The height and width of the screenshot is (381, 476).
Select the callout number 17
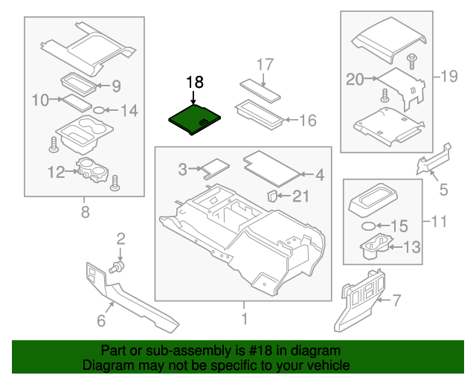(266, 64)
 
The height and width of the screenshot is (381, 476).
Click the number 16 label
(307, 120)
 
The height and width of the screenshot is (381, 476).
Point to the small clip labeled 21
(272, 196)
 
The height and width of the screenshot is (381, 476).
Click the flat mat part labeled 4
(272, 165)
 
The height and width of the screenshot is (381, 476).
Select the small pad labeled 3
(215, 167)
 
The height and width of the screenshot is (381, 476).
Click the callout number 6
(102, 321)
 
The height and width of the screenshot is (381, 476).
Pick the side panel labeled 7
(356, 301)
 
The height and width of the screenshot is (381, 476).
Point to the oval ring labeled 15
(367, 225)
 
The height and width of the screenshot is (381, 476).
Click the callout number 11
(441, 222)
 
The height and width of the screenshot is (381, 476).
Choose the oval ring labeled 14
(97, 112)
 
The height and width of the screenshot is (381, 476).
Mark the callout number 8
(84, 214)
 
